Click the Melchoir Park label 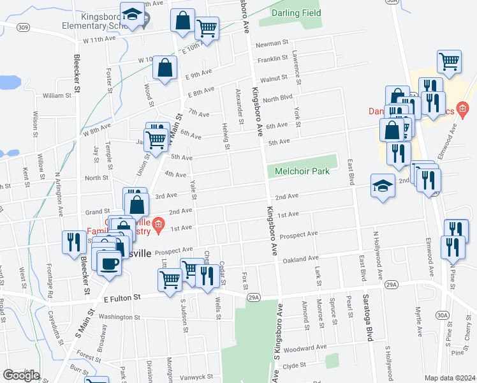coord(302,171)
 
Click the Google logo coord(21,375)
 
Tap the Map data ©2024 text coord(450,378)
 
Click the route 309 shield coord(24,27)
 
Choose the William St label coord(57,96)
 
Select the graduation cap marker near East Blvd coord(383,186)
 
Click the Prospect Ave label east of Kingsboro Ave coord(300,234)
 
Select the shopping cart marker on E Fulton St coord(169,280)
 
